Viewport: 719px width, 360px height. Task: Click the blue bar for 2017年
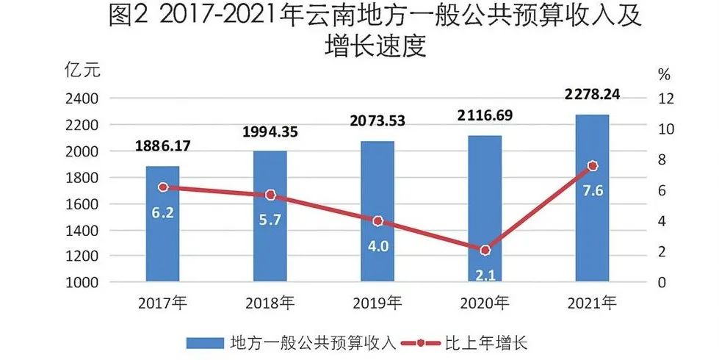click(162, 224)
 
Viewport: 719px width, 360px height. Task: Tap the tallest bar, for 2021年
click(592, 198)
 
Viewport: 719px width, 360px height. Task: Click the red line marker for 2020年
click(485, 251)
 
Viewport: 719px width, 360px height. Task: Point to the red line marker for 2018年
click(270, 195)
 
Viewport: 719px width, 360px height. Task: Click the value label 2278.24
click(592, 94)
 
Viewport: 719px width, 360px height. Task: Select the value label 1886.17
click(162, 146)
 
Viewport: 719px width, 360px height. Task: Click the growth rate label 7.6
click(592, 191)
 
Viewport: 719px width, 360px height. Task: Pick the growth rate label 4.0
click(377, 245)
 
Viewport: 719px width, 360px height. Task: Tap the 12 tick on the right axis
click(665, 98)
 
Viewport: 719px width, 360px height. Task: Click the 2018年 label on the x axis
click(270, 302)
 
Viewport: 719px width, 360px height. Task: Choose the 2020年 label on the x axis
click(485, 302)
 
